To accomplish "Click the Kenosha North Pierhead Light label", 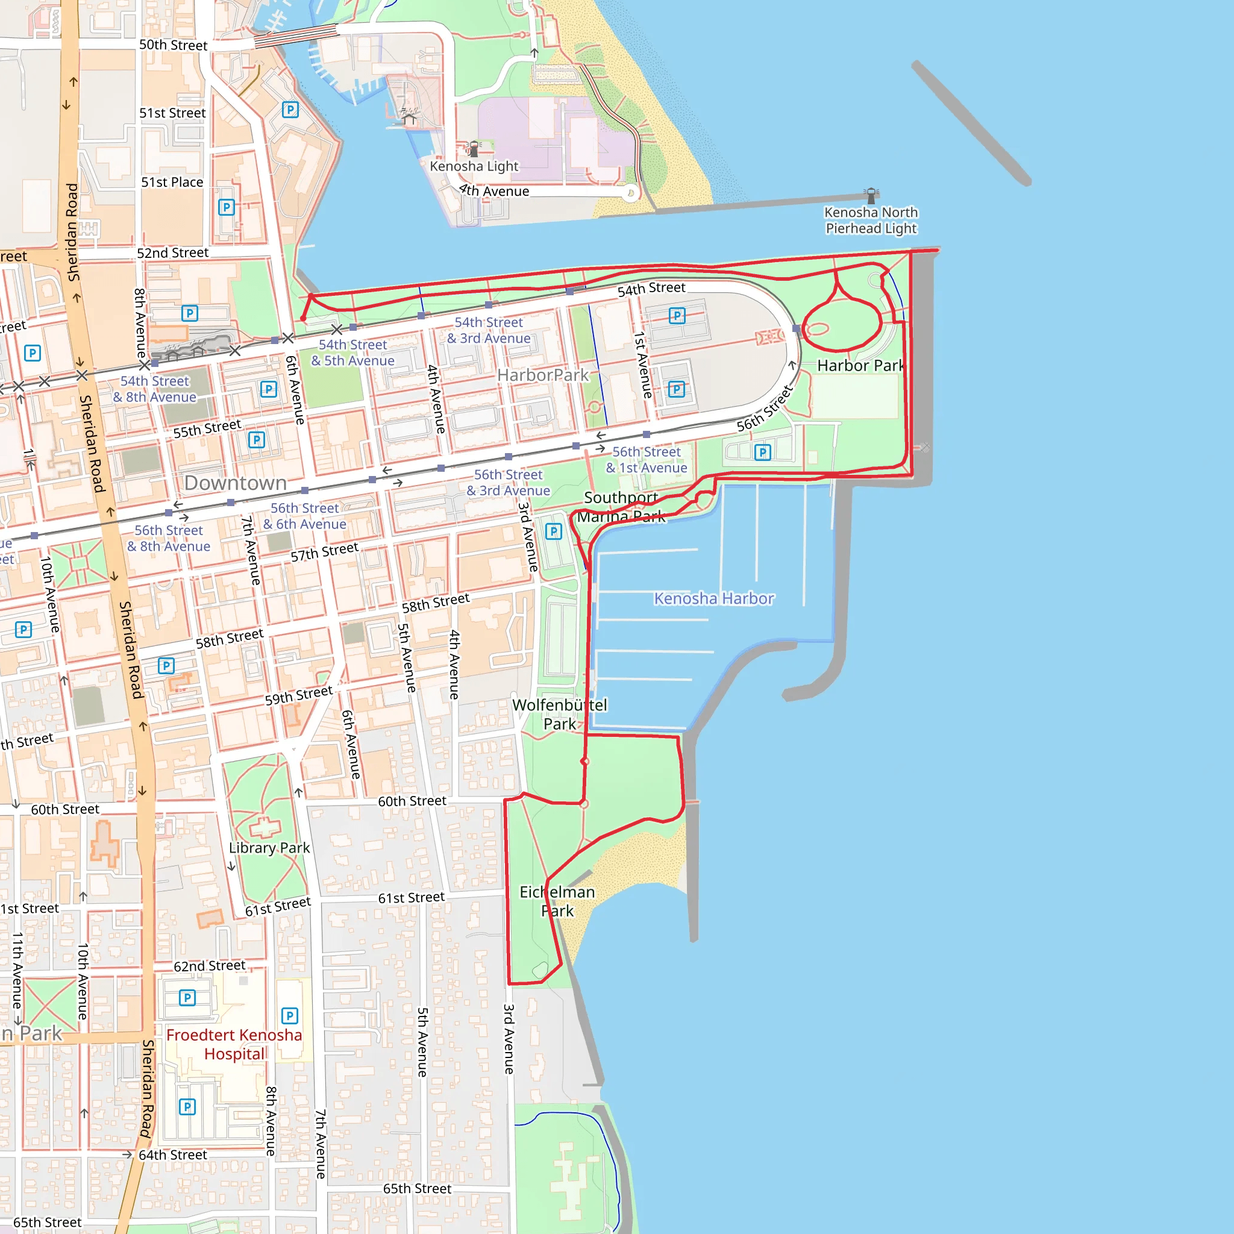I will click(x=871, y=221).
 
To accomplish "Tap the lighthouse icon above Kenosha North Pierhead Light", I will click(x=871, y=195).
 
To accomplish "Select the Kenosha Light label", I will click(x=474, y=166).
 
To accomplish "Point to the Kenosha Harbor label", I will click(x=713, y=598).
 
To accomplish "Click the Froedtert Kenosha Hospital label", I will click(x=234, y=1044).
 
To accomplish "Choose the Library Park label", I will click(x=269, y=848).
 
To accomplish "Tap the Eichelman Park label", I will click(x=557, y=901).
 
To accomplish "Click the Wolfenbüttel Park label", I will click(x=560, y=714).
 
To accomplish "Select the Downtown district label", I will click(x=235, y=483).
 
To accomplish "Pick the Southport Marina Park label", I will click(x=621, y=507).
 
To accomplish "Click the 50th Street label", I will click(x=173, y=45).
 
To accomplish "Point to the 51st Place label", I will click(x=172, y=182).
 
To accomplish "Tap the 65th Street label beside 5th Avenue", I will click(x=417, y=1189).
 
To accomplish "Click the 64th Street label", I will click(x=172, y=1155).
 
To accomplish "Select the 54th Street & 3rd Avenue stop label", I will click(x=489, y=330).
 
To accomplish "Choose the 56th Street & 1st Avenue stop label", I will click(x=647, y=460).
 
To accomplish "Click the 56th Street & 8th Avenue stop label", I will click(x=169, y=539).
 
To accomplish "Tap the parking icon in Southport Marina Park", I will click(x=553, y=531).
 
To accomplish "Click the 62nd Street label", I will click(x=210, y=966).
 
